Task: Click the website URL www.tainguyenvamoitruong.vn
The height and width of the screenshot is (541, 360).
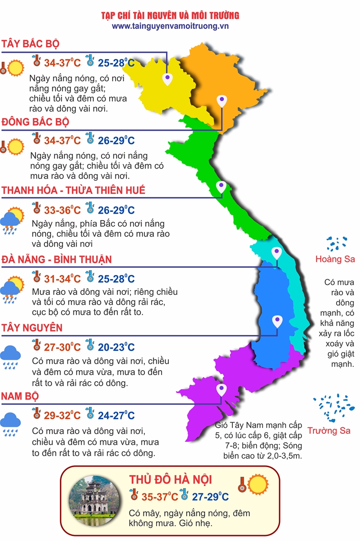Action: point(170,26)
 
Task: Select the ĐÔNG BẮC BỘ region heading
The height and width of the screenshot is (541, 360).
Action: point(35,122)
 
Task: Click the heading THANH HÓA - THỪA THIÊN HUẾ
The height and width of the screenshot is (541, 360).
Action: point(74,190)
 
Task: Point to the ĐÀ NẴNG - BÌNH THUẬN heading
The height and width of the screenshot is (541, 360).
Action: point(56,260)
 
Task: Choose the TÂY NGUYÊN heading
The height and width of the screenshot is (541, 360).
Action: point(32,328)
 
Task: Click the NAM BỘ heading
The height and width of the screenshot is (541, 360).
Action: point(19,396)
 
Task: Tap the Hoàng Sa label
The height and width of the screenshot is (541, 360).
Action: point(335,259)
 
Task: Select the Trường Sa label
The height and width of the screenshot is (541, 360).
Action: point(329,431)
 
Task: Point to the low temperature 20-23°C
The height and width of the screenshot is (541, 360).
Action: point(116,347)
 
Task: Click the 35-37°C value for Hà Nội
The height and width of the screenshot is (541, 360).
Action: point(160,497)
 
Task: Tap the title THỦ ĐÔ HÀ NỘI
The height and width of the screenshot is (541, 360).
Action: point(171,479)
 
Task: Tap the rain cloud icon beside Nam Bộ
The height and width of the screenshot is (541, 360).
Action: point(10,422)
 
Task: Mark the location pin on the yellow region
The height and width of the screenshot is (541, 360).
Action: point(167,79)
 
